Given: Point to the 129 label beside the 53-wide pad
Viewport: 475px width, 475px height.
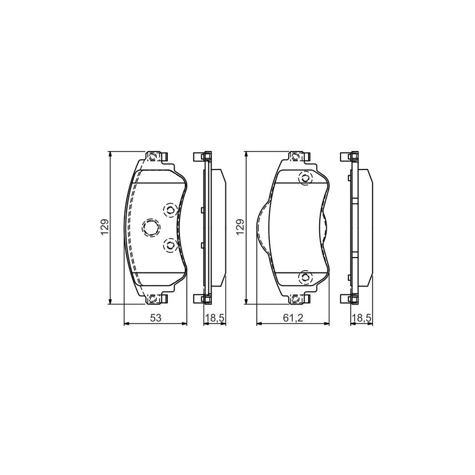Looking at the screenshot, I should point(105,227).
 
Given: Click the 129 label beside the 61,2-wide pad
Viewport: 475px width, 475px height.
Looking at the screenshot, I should point(241,227).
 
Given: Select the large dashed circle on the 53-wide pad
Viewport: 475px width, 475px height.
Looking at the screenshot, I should point(151,227).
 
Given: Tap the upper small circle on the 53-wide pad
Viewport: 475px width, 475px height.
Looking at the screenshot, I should point(170,211).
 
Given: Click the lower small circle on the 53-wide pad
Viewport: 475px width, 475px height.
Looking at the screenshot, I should point(170,244).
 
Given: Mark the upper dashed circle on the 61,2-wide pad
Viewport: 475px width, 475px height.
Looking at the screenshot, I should point(305,179).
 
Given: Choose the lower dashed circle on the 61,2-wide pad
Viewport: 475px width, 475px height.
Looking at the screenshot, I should point(305,277).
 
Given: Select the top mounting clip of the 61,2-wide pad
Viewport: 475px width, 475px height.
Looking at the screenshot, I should point(298,157).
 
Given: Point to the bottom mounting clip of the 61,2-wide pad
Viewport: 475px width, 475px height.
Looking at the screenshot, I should point(298,299).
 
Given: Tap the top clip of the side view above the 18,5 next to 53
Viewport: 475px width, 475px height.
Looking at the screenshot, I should point(204,157).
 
